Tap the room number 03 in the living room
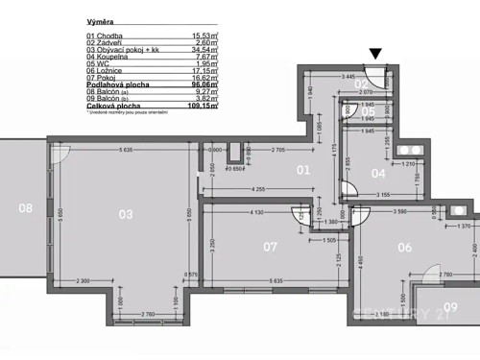point(125,214)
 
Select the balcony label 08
point(25,206)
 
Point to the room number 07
point(270,245)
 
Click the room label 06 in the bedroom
point(404,248)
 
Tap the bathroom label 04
point(378,174)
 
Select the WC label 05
point(368,111)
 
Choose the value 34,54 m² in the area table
point(201,50)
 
